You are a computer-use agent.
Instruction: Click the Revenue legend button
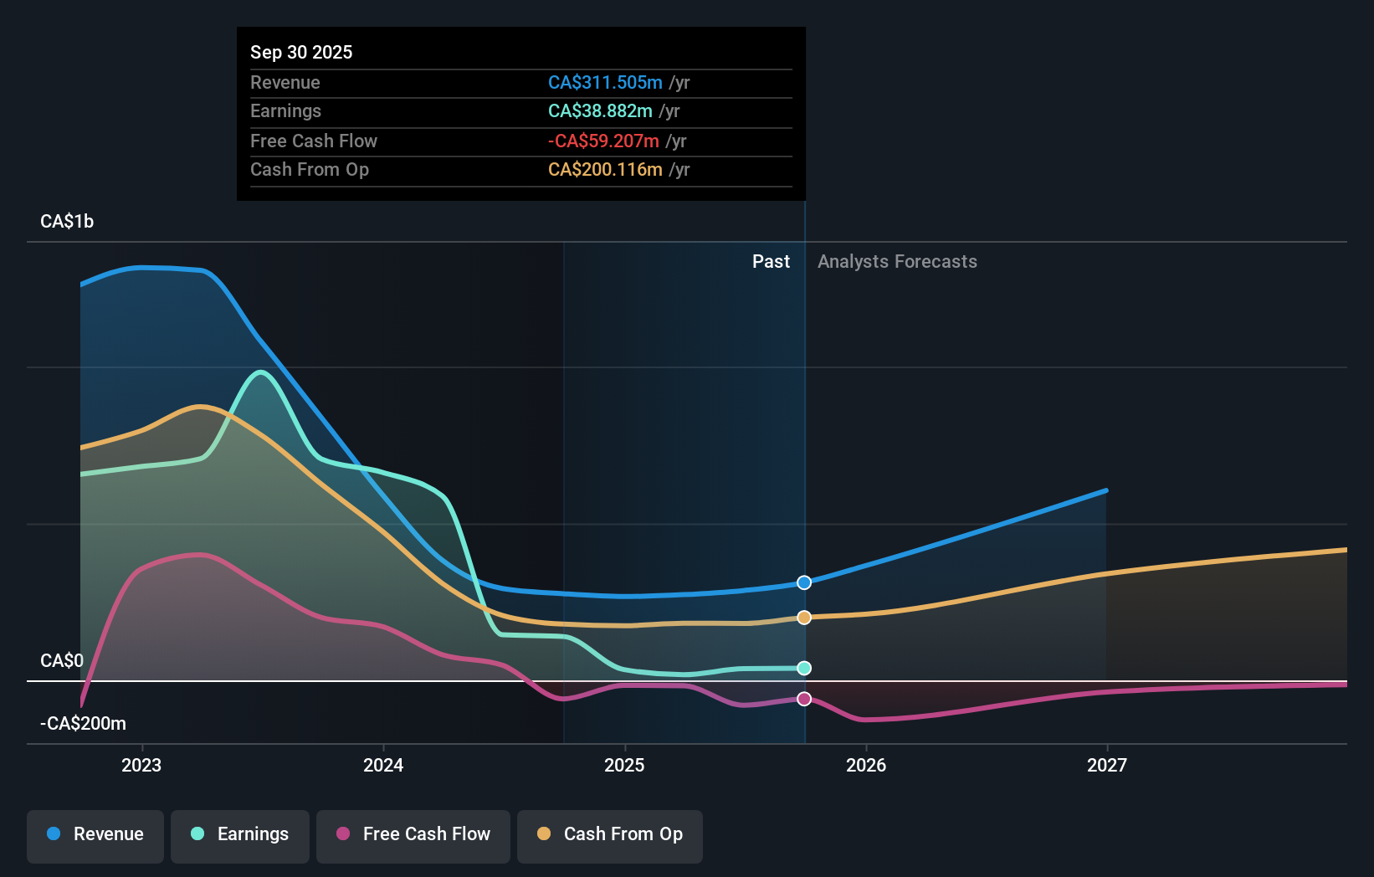coord(95,834)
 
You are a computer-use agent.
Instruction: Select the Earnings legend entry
coord(240,834)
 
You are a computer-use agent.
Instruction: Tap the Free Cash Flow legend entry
coord(413,834)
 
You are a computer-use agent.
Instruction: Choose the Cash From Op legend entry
coord(610,834)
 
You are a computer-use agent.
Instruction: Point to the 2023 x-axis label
coord(141,765)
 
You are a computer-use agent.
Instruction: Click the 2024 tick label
coord(383,765)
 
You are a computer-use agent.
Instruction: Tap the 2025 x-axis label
coord(624,765)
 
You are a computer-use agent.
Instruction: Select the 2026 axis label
coord(866,765)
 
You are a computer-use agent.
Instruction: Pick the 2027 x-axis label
coord(1107,765)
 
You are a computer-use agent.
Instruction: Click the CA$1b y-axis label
coord(67,222)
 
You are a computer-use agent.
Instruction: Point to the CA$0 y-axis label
coord(62,661)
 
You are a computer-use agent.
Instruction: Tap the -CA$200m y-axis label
coord(84,724)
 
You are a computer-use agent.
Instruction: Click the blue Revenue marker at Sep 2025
coord(804,582)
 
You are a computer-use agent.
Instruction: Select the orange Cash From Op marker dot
coord(804,618)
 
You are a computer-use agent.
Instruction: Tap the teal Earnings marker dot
coord(804,668)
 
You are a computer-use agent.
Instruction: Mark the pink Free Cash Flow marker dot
coord(804,699)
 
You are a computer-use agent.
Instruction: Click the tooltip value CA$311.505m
coord(605,83)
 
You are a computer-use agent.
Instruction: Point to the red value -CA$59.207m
coord(603,141)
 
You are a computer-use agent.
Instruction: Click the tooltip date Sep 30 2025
coord(301,53)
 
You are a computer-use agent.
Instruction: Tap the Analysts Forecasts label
coord(897,262)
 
